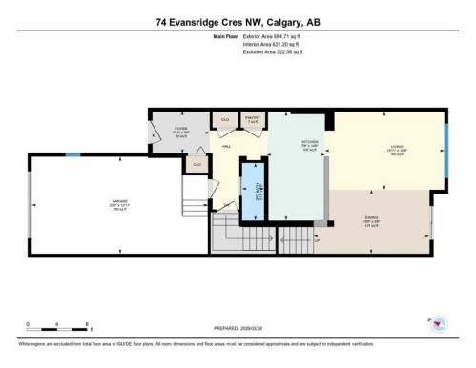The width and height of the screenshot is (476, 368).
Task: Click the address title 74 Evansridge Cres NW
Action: (238, 21)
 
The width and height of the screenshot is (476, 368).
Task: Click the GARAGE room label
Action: (119, 201)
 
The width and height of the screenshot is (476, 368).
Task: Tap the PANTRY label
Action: (253, 120)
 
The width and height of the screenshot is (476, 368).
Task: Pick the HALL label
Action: (226, 146)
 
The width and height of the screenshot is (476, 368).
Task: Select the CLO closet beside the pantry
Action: (225, 120)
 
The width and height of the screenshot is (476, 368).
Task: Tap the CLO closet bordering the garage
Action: (197, 165)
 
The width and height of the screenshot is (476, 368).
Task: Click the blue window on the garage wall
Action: (72, 153)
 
